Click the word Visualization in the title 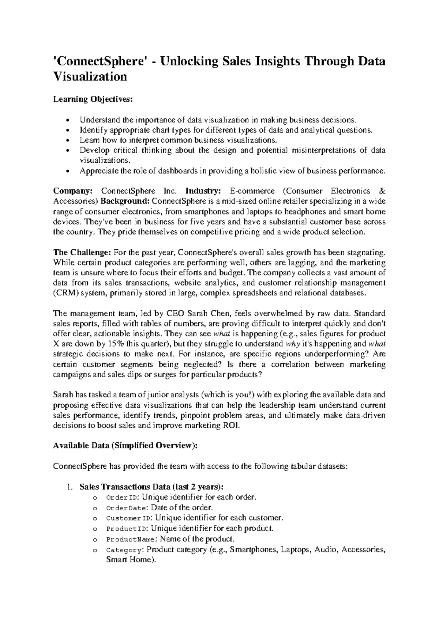coord(90,76)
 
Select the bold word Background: coord(125,201)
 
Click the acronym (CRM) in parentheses coord(65,293)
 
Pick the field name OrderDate coord(126,508)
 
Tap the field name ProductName coord(131,539)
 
